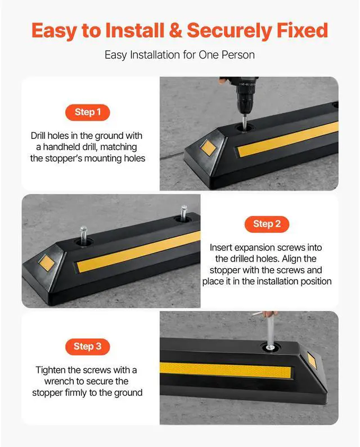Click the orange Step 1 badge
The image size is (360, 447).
(87, 112)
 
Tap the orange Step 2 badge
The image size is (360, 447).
(267, 224)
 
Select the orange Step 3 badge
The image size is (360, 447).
(87, 346)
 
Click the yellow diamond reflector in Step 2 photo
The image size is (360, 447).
(43, 261)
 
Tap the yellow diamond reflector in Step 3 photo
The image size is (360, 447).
(311, 360)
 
